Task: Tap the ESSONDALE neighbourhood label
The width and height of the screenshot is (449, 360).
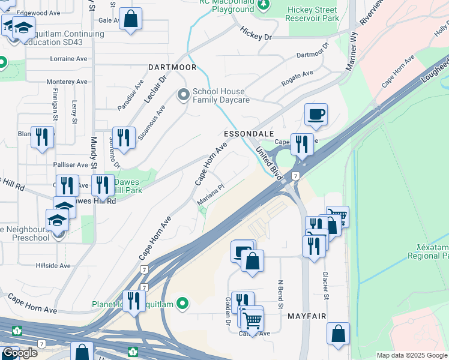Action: pyautogui.click(x=249, y=133)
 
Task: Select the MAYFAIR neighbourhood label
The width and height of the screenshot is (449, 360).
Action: pyautogui.click(x=310, y=316)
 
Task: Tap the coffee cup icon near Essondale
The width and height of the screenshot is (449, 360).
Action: pyautogui.click(x=316, y=115)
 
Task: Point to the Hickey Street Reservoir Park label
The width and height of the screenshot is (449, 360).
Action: pyautogui.click(x=313, y=14)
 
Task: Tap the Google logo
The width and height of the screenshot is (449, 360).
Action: pyautogui.click(x=20, y=353)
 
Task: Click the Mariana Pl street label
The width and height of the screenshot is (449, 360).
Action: pyautogui.click(x=211, y=195)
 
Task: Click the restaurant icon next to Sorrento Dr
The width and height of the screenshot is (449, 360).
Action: pyautogui.click(x=123, y=137)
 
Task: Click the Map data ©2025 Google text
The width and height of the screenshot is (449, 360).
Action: pyautogui.click(x=412, y=355)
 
